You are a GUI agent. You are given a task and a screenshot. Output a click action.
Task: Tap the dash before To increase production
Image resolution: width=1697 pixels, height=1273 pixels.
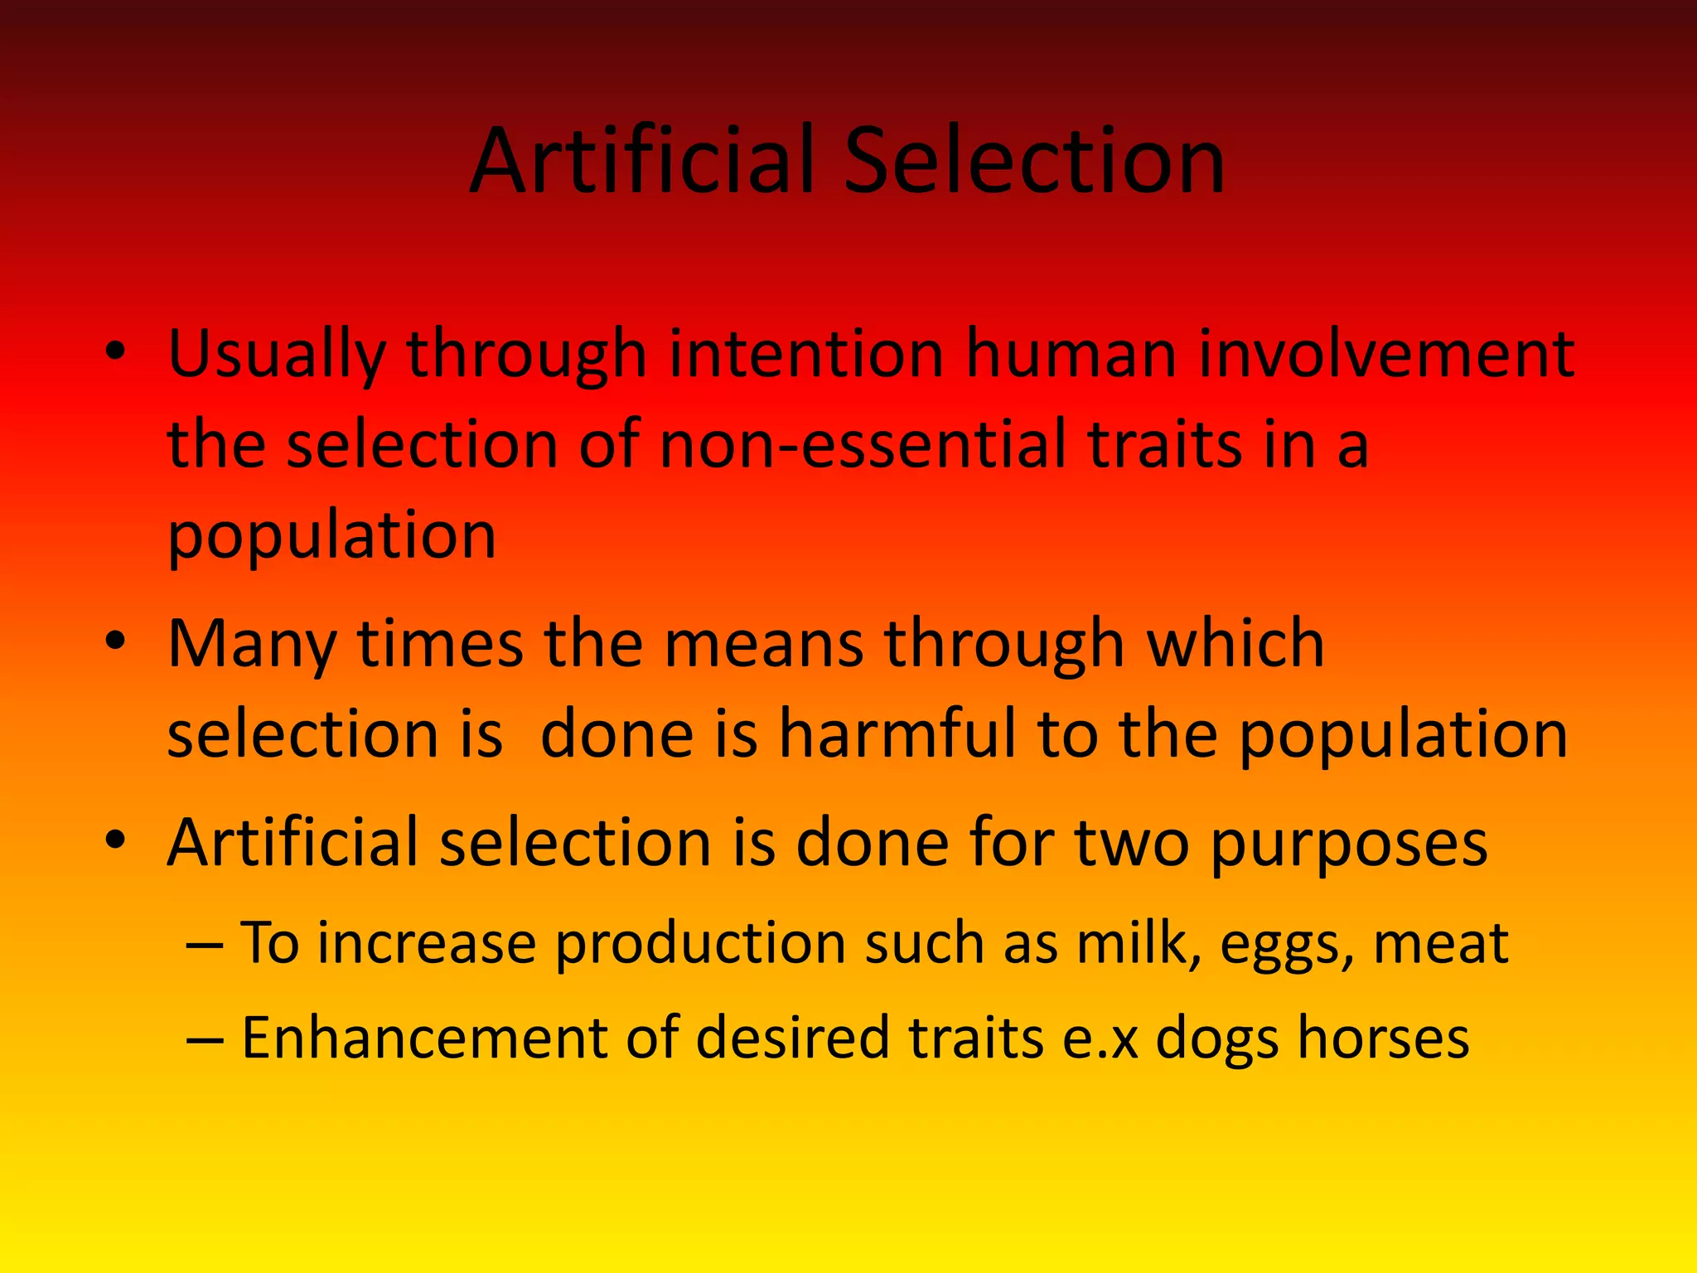click(x=205, y=944)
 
